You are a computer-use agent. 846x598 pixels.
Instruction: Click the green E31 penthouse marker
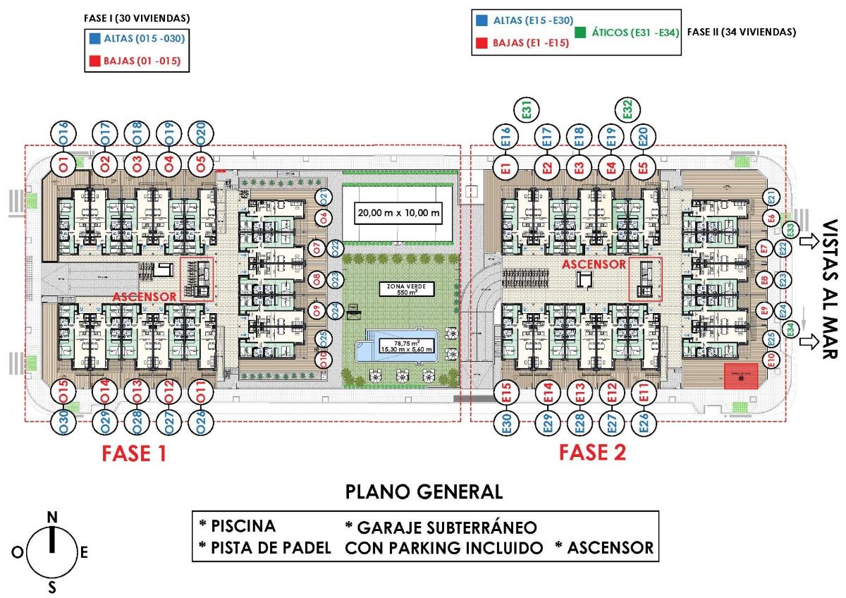tap(527, 110)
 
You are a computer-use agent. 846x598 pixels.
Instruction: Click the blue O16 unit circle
tap(63, 133)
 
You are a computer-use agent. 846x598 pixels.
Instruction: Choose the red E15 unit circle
tap(505, 392)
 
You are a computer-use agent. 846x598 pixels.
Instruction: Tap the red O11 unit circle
tap(200, 392)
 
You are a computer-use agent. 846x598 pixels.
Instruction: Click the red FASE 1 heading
tap(134, 453)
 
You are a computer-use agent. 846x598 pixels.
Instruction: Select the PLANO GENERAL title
tap(424, 492)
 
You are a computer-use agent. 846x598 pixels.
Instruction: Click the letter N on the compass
tap(51, 518)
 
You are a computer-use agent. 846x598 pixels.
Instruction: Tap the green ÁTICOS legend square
tap(582, 32)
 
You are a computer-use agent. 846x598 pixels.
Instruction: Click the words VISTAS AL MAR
tap(829, 289)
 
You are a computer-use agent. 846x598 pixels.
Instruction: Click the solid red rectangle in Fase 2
tap(741, 377)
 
